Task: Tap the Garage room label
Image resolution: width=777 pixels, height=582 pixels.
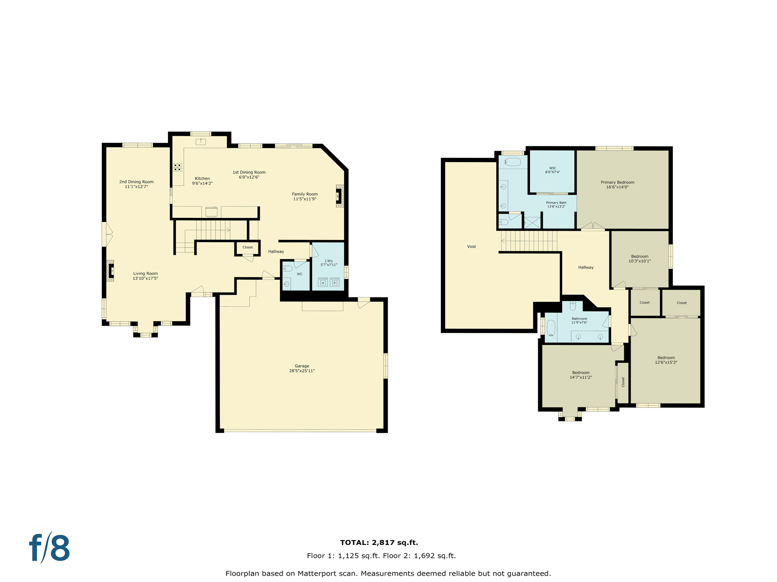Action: coord(302,368)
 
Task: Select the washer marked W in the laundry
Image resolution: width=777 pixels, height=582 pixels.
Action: coord(323,282)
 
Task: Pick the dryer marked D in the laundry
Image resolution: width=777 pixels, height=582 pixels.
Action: coord(334,282)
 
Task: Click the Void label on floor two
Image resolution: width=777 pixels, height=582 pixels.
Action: coord(471,247)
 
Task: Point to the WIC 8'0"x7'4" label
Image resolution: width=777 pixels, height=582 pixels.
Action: coord(552,170)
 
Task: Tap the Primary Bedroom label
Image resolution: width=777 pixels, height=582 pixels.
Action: coord(617,185)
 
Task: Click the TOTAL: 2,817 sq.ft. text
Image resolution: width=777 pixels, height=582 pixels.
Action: coord(379,543)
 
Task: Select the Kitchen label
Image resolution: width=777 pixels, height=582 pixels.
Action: coord(202,181)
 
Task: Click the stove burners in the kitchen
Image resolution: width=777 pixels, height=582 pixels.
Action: coord(178,167)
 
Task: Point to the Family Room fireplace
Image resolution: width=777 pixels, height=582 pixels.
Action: coord(339,196)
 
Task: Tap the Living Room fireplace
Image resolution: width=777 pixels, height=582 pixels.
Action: coord(111,271)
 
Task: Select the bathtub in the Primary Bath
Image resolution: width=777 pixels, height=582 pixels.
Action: coord(513,162)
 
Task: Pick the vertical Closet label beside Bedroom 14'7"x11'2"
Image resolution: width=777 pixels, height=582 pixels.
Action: coord(623,382)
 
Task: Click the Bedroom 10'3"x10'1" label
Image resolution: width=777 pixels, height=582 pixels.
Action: coord(640,259)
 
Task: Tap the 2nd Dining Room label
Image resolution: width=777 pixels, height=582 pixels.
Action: coord(136,184)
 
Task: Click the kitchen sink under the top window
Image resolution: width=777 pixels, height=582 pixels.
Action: coord(200,142)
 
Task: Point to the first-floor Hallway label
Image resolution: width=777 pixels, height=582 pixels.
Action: coord(276,252)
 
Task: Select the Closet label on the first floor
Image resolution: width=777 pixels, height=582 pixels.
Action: coord(247,247)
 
